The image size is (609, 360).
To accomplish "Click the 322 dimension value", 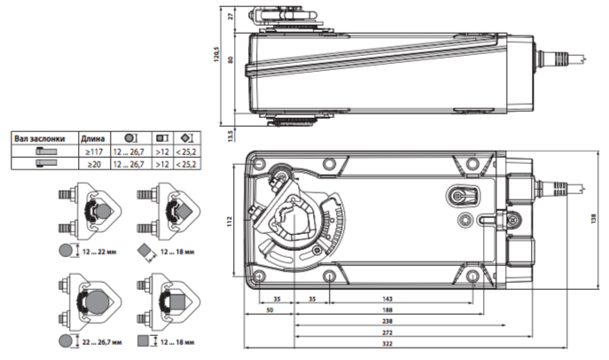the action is click(x=387, y=344).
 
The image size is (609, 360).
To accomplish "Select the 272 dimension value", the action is click(x=387, y=333).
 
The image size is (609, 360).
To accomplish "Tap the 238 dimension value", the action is click(x=387, y=321).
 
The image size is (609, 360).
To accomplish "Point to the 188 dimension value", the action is click(x=387, y=310).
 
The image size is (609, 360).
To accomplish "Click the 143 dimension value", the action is click(x=387, y=299).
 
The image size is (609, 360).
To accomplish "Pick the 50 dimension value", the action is click(x=269, y=310).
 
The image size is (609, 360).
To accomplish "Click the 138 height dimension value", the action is click(x=593, y=219).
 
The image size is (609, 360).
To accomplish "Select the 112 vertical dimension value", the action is click(x=230, y=222).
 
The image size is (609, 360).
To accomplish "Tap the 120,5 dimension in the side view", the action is click(x=216, y=54).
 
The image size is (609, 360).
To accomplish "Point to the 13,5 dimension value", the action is click(x=230, y=137).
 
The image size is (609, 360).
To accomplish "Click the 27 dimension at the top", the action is click(x=231, y=16).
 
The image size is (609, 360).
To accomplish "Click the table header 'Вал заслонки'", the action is click(x=40, y=138).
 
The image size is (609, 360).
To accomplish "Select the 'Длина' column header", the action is click(x=93, y=138).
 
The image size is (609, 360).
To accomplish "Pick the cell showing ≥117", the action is click(x=94, y=152).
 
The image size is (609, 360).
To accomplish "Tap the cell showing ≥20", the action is click(x=94, y=164).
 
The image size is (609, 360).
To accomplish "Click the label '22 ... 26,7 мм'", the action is click(x=102, y=342).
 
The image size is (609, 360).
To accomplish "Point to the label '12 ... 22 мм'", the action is click(x=99, y=252).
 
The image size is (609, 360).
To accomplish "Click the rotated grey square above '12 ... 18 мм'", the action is click(x=144, y=250).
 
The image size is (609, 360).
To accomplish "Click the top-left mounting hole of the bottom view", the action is click(x=259, y=163).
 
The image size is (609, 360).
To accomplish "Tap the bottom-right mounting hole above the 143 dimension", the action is click(x=472, y=277).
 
